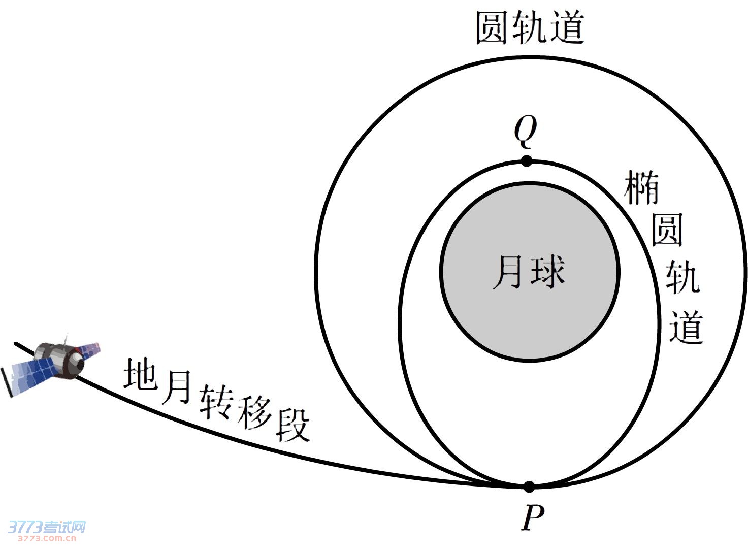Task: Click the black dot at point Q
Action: pos(527,161)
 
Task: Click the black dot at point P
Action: pos(529,487)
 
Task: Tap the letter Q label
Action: pos(525,130)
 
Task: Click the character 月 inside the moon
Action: pos(507,272)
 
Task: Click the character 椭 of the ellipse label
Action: pos(641,188)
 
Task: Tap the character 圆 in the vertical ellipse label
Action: pos(667,230)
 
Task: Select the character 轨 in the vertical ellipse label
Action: pos(682,277)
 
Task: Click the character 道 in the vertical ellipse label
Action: pos(686,327)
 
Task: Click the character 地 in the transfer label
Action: pos(140,374)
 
